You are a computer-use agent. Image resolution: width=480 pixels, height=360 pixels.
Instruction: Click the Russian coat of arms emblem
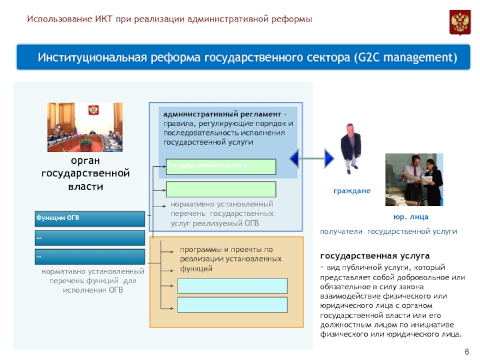tap(460, 22)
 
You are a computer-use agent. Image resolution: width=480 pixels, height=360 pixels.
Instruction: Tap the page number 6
tap(467, 352)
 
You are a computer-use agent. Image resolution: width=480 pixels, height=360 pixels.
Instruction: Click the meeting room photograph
tap(85, 127)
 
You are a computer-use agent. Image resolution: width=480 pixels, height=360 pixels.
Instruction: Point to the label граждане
tap(352, 191)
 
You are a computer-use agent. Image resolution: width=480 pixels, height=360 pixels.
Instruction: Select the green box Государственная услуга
tap(221, 166)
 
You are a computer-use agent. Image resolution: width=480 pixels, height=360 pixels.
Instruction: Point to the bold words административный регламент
tap(221, 114)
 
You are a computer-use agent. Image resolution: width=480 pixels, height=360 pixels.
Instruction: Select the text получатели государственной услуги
tap(388, 231)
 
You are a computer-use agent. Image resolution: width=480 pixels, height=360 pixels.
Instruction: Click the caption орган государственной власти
tap(85, 173)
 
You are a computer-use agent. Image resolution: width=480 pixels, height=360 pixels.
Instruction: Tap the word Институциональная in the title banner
tap(93, 58)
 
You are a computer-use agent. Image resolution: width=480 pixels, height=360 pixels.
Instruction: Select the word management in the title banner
tap(423, 58)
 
